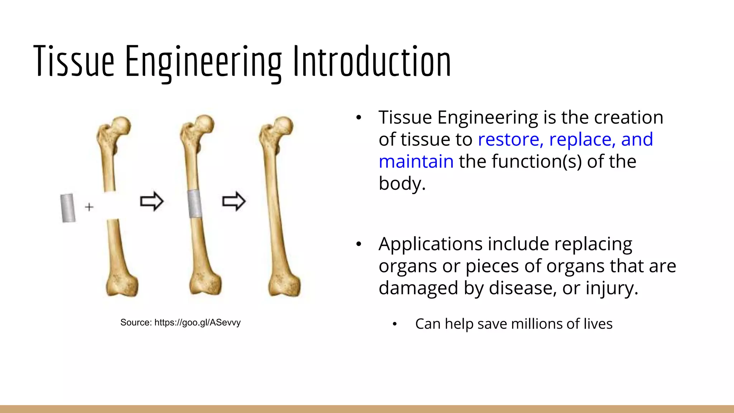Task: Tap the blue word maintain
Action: pyautogui.click(x=416, y=162)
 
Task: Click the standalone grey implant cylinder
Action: pyautogui.click(x=68, y=208)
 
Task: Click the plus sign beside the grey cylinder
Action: pyautogui.click(x=89, y=207)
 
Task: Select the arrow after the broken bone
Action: pyautogui.click(x=152, y=201)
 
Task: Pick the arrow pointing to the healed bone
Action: pyautogui.click(x=234, y=201)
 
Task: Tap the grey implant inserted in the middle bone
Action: pyautogui.click(x=195, y=204)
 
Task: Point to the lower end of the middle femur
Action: pyautogui.click(x=205, y=283)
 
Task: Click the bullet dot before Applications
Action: pyautogui.click(x=359, y=245)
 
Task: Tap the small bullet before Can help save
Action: pyautogui.click(x=395, y=324)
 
